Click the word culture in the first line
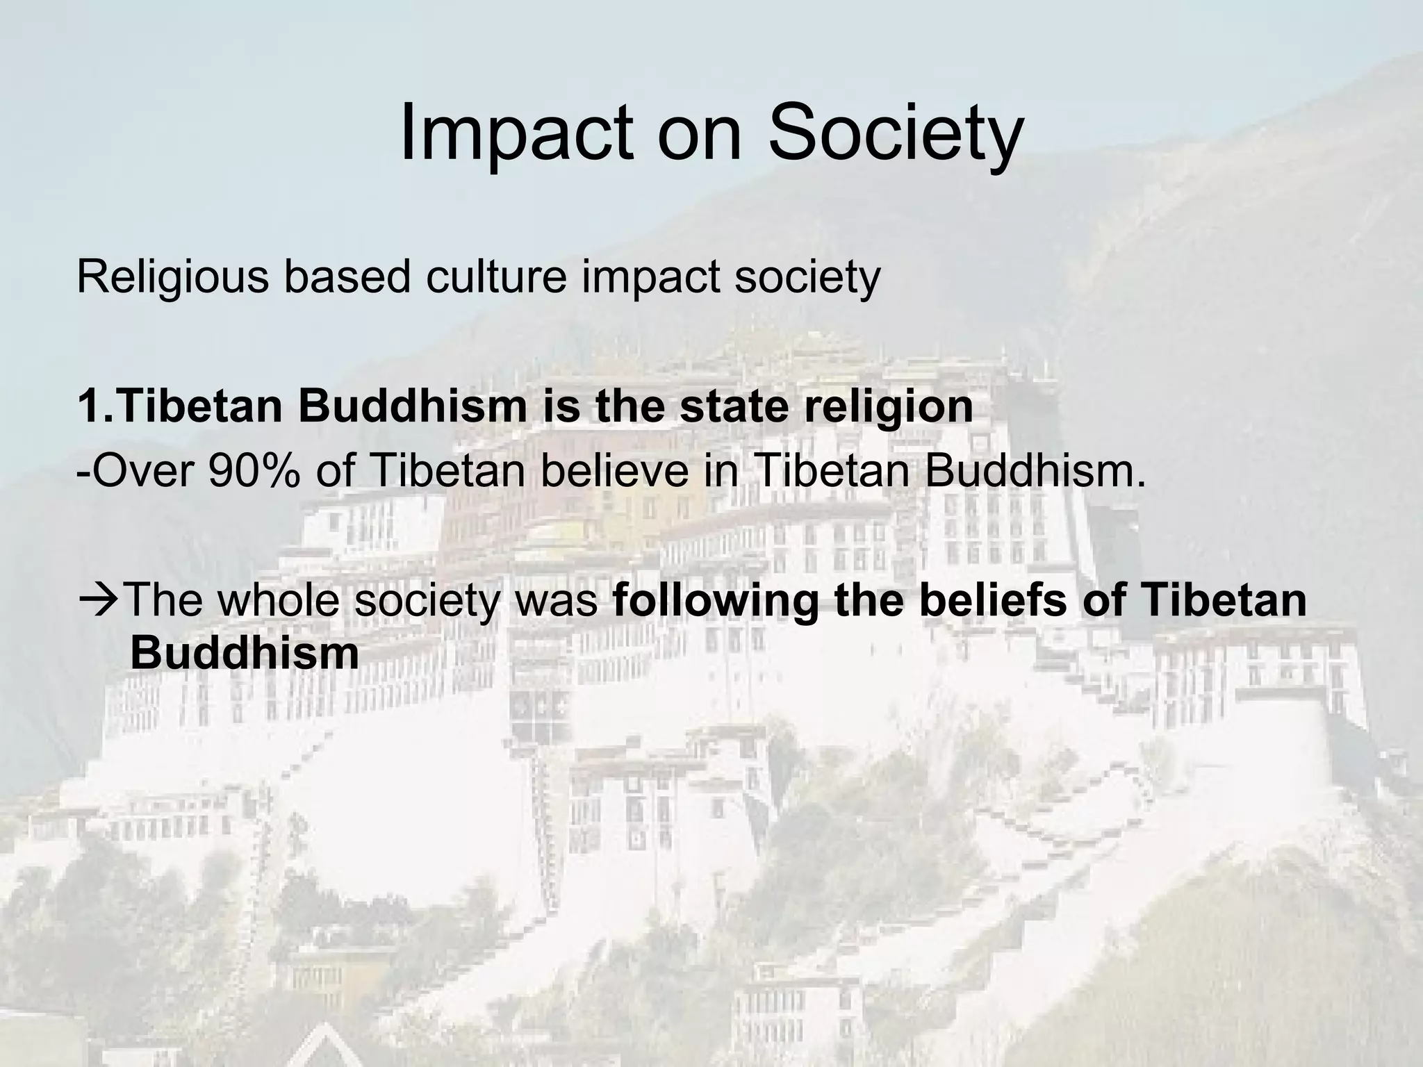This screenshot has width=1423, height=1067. [496, 276]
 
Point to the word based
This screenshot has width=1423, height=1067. [347, 276]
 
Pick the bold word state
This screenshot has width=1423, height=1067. [735, 406]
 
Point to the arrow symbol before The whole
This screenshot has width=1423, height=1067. [99, 601]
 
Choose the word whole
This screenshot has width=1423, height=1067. [279, 601]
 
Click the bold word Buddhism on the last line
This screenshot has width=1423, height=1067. [244, 654]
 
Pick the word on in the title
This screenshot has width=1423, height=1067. [700, 133]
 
